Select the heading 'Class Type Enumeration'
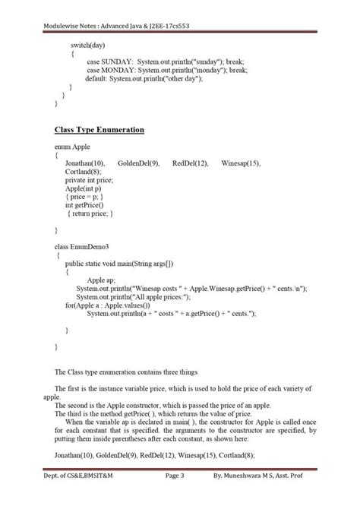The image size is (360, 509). coord(99,130)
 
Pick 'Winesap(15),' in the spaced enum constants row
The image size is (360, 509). coord(241,163)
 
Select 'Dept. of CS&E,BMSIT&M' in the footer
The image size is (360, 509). coord(77,498)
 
